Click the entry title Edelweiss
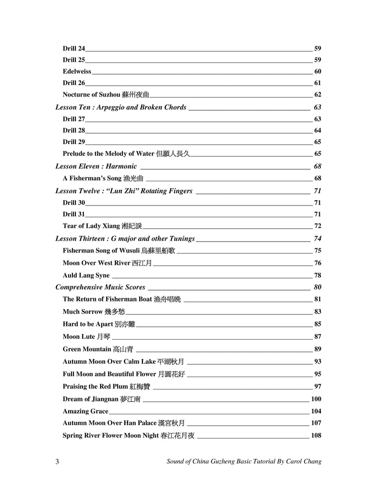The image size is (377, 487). click(x=77, y=71)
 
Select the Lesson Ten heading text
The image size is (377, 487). click(x=121, y=107)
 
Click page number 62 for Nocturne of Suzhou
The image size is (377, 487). click(x=318, y=95)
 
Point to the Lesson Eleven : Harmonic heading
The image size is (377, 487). click(x=96, y=166)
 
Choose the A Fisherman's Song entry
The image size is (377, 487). click(x=102, y=178)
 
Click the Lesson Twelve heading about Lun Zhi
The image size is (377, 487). click(x=124, y=191)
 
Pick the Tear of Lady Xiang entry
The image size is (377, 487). click(x=102, y=226)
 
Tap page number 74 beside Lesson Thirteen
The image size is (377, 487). click(x=317, y=238)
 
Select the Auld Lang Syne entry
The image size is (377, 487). click(x=86, y=275)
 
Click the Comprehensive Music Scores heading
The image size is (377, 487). click(x=101, y=287)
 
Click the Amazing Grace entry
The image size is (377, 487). click(x=85, y=411)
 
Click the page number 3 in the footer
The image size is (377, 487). click(x=58, y=461)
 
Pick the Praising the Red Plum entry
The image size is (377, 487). click(x=107, y=386)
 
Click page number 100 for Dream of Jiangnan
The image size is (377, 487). click(x=316, y=399)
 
